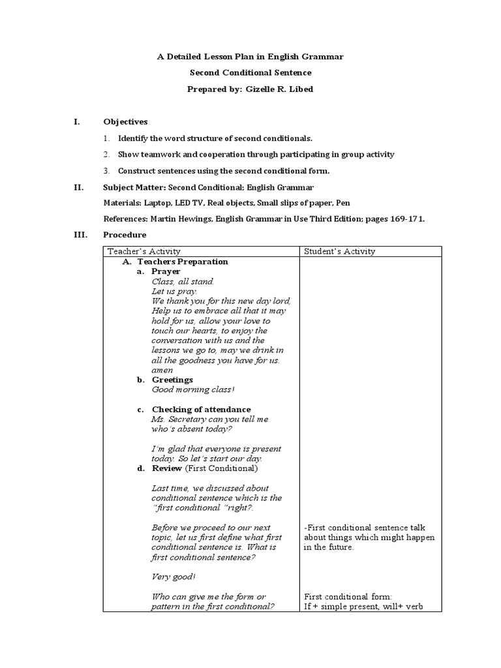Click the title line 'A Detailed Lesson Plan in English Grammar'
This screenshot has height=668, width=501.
250,57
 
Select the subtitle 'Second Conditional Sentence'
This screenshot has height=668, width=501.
250,72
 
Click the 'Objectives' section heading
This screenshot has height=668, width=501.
125,121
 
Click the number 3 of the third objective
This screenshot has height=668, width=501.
106,171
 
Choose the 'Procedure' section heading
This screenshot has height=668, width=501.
125,235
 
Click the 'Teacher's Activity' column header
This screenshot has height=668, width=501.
144,251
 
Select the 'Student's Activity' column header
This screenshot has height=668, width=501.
339,251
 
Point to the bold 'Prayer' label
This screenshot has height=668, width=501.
166,271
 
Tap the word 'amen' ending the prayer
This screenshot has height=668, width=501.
162,370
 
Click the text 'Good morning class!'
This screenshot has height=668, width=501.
192,389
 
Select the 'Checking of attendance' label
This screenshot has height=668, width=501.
201,409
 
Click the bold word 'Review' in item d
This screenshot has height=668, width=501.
168,468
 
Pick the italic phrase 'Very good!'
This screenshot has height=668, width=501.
173,577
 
